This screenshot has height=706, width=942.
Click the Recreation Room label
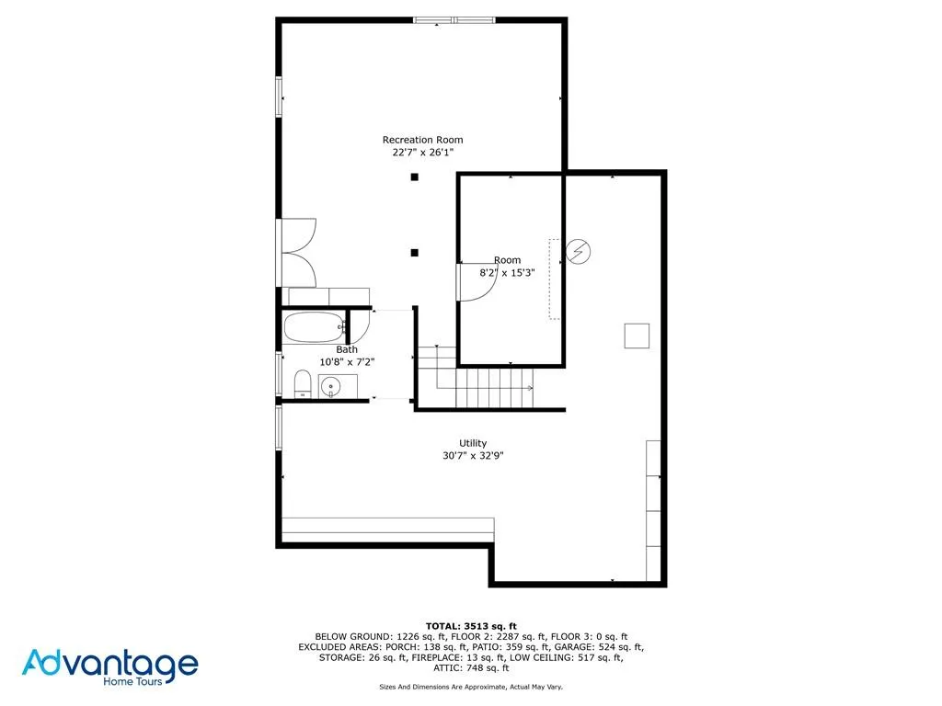(x=422, y=140)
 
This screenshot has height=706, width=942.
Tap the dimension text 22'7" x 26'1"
(x=422, y=153)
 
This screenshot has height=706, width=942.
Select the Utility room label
(x=473, y=443)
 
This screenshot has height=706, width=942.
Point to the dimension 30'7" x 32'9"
(x=473, y=455)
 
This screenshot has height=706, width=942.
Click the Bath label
(x=346, y=349)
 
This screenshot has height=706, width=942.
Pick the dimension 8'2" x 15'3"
(x=507, y=273)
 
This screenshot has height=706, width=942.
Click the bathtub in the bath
(x=313, y=326)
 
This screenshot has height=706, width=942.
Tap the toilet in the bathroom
(x=302, y=383)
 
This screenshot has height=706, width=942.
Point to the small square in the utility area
(x=637, y=336)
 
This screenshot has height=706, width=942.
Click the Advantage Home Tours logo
(x=110, y=666)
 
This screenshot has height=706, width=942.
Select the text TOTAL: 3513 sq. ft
(x=471, y=625)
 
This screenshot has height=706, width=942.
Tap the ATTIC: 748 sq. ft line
(x=471, y=668)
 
